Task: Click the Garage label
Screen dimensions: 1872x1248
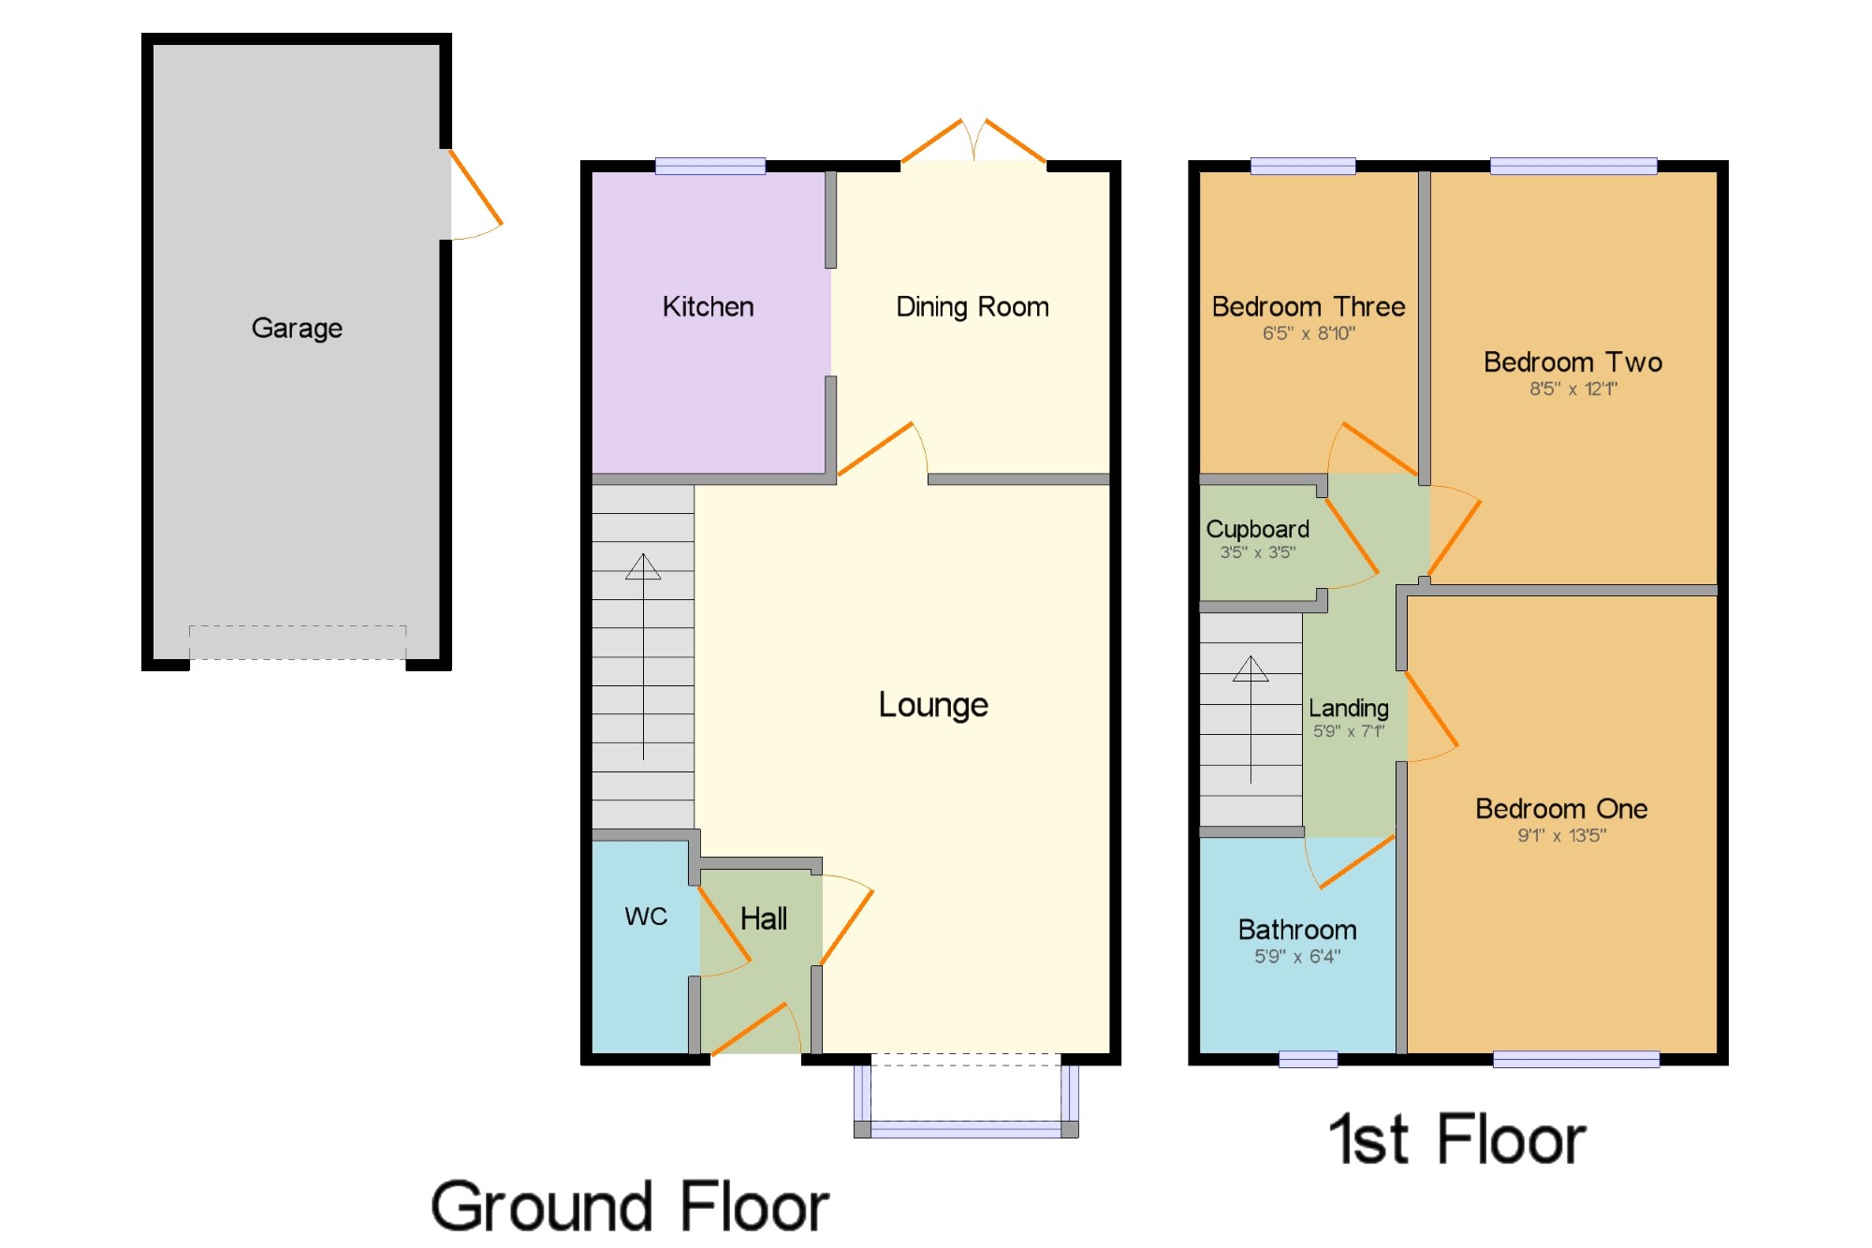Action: pyautogui.click(x=297, y=329)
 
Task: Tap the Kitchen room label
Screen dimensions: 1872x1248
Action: pyautogui.click(x=708, y=306)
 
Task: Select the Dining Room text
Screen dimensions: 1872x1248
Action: pyautogui.click(x=973, y=307)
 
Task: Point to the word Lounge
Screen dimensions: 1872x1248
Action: pyautogui.click(x=933, y=705)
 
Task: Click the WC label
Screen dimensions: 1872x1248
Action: pyautogui.click(x=646, y=917)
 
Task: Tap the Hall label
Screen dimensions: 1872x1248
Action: pyautogui.click(x=764, y=918)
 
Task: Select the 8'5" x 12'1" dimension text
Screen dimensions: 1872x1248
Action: pyautogui.click(x=1573, y=389)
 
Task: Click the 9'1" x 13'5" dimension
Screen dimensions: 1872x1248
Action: pyautogui.click(x=1561, y=835)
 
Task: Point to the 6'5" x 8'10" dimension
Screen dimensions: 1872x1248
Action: pyautogui.click(x=1309, y=333)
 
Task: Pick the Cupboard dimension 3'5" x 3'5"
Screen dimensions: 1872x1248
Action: pyautogui.click(x=1257, y=552)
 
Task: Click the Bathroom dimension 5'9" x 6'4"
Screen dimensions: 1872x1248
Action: pyautogui.click(x=1297, y=956)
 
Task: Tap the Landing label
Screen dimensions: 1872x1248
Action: pyautogui.click(x=1348, y=709)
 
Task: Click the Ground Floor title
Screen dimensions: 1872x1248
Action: pyautogui.click(x=630, y=1207)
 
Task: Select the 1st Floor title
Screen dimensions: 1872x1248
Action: pyautogui.click(x=1456, y=1139)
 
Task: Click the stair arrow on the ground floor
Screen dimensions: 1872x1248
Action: pyautogui.click(x=643, y=656)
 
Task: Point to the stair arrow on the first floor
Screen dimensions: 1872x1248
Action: pyautogui.click(x=1250, y=719)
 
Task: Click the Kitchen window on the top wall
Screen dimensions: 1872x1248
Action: pyautogui.click(x=710, y=167)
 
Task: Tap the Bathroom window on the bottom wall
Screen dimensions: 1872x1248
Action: pyautogui.click(x=1308, y=1059)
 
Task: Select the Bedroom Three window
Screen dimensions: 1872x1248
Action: pyautogui.click(x=1303, y=167)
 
